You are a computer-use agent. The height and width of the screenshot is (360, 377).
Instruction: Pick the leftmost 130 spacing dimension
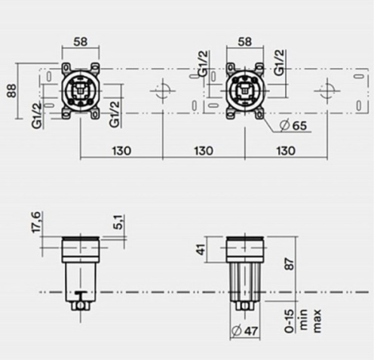coord(121,150)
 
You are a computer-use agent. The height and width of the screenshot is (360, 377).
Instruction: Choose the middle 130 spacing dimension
coord(202,150)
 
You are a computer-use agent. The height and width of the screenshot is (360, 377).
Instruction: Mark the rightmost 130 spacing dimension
coord(284,150)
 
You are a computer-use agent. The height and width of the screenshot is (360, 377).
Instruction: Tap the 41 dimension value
coord(201,248)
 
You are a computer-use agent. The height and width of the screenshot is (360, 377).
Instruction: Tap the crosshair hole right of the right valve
coord(325,93)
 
